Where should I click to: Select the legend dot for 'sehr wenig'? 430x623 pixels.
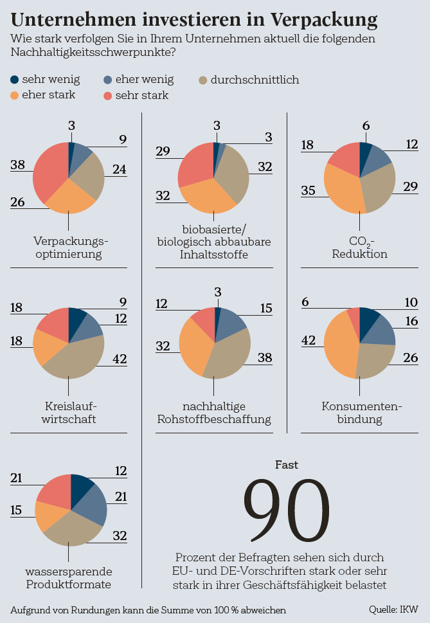click(x=15, y=80)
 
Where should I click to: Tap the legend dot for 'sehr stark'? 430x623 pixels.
click(x=108, y=96)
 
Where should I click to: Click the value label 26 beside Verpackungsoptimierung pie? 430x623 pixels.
click(x=17, y=202)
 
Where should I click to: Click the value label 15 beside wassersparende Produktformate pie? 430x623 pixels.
click(x=17, y=509)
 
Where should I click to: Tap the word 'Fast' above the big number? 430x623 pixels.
click(x=287, y=464)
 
